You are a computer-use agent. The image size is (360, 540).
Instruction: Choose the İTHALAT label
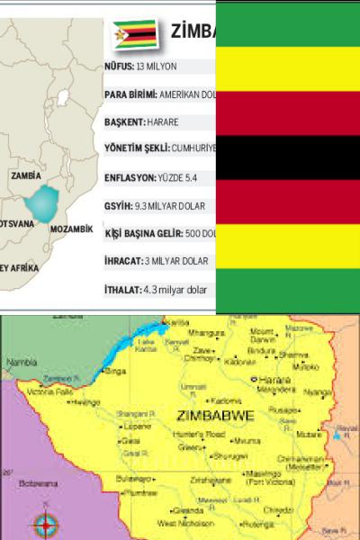[x=121, y=292]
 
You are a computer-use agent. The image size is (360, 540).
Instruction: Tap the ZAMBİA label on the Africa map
[x=26, y=177]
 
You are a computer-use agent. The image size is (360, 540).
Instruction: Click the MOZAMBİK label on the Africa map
[x=72, y=229]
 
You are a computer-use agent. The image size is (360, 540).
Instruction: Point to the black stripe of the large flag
[x=288, y=157]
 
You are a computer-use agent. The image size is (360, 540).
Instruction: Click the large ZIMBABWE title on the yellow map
[x=218, y=417]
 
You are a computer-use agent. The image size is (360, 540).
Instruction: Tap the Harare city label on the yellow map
[x=274, y=381]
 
